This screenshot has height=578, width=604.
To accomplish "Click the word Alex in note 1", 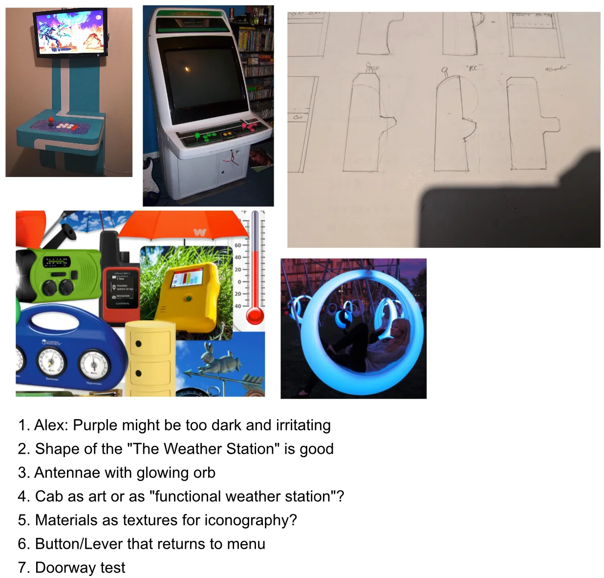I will tap(50, 425).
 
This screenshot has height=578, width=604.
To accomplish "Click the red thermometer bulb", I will tap(255, 315).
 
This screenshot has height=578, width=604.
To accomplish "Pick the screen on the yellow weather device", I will tap(186, 280).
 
